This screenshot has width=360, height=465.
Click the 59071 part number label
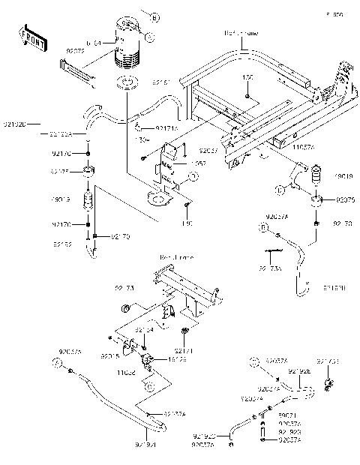click(x=286, y=414)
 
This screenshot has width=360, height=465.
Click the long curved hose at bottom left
click(x=112, y=406)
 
